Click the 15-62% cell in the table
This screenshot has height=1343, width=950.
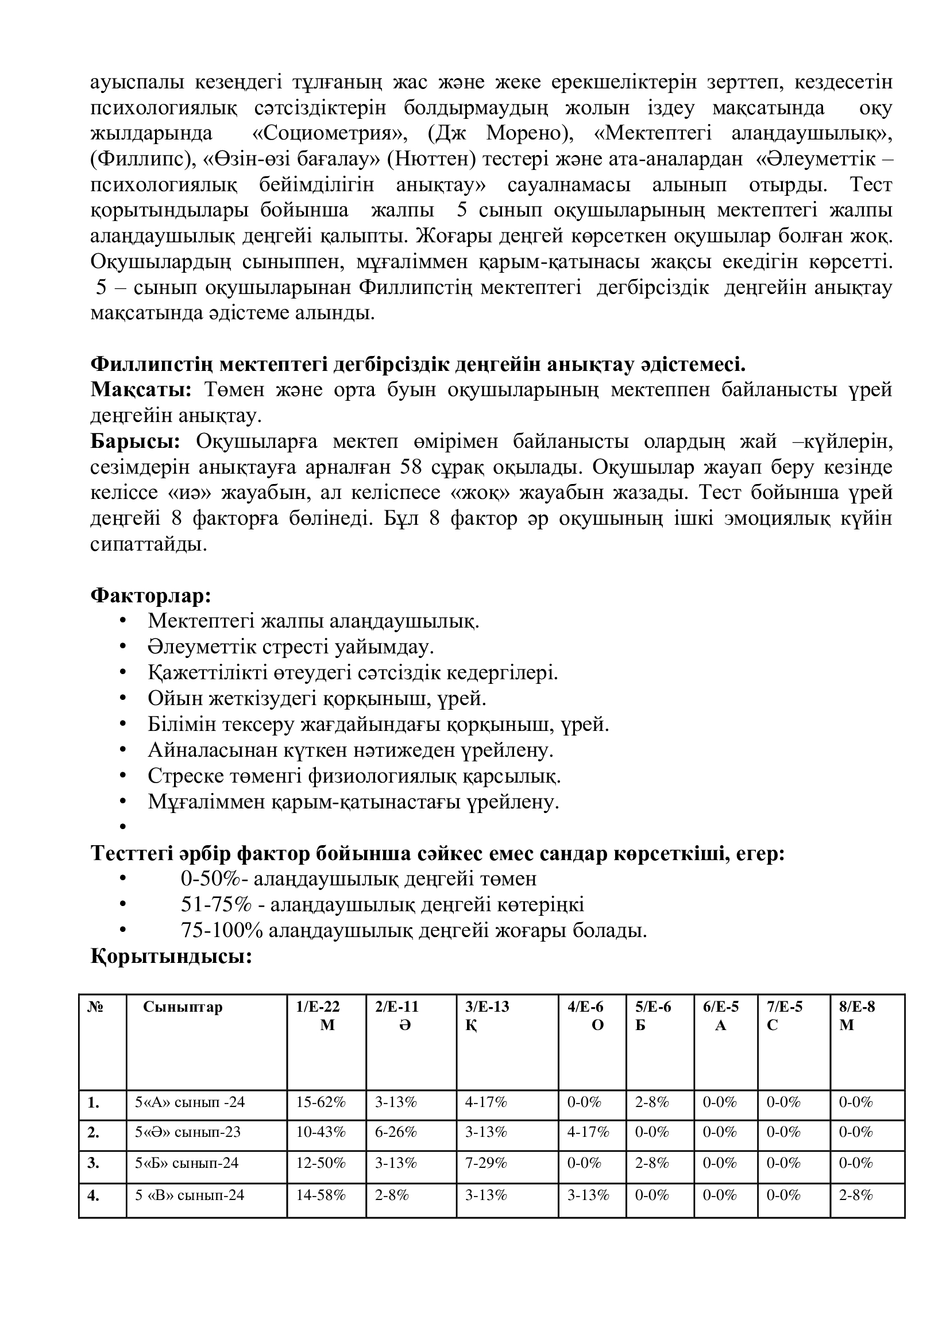[x=321, y=1102]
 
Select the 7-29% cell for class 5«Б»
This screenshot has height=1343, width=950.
[x=485, y=1163]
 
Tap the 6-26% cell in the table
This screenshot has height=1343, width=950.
[x=395, y=1132]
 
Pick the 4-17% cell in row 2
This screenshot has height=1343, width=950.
[x=588, y=1132]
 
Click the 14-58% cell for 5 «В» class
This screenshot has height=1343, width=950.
[x=321, y=1194]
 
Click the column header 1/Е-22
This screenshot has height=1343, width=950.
[x=318, y=1007]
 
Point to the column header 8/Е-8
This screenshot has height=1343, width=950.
[x=857, y=1007]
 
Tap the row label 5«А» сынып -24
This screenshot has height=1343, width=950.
[x=190, y=1102]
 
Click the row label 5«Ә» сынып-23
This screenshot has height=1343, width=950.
[x=188, y=1132]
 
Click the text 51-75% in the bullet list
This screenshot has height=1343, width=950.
[x=216, y=905]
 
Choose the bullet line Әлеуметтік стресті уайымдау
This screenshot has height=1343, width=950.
[x=291, y=647]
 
